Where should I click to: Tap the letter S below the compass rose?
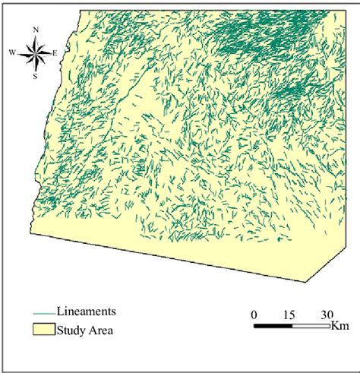pyautogui.click(x=35, y=76)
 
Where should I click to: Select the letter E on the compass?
pyautogui.click(x=55, y=52)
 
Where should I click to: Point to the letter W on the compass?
pyautogui.click(x=12, y=52)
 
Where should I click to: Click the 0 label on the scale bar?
pyautogui.click(x=254, y=315)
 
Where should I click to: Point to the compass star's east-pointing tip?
pyautogui.click(x=49, y=52)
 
